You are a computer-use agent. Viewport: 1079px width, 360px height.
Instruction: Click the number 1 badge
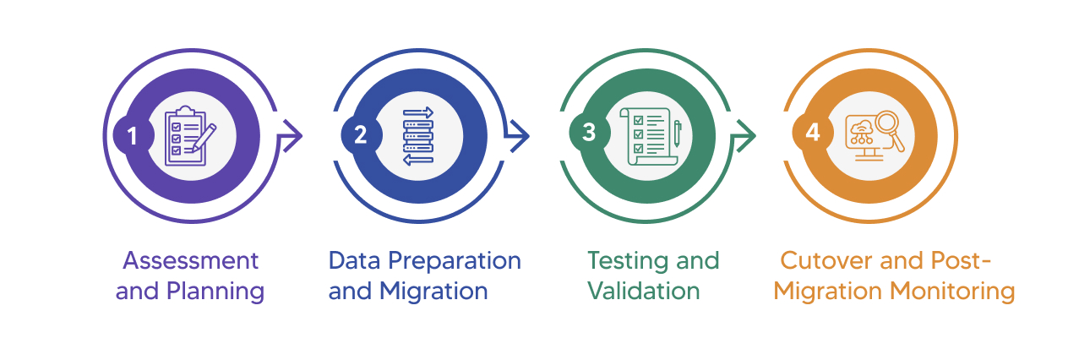click(132, 135)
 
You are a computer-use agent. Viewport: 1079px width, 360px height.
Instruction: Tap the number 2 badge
click(360, 135)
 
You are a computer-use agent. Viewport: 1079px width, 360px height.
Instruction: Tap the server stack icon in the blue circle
click(418, 135)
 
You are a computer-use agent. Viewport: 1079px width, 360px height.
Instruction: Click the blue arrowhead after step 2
click(518, 135)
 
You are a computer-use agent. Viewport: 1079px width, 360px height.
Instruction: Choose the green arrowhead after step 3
click(744, 135)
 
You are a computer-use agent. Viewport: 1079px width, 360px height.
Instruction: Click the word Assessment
click(190, 260)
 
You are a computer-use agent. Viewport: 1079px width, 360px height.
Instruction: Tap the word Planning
click(215, 292)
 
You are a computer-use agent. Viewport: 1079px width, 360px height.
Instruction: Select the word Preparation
click(455, 260)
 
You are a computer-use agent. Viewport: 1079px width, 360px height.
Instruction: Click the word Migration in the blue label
click(433, 292)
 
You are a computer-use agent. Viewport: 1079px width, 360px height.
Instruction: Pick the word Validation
click(643, 292)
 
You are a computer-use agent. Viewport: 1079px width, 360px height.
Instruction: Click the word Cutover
click(826, 260)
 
